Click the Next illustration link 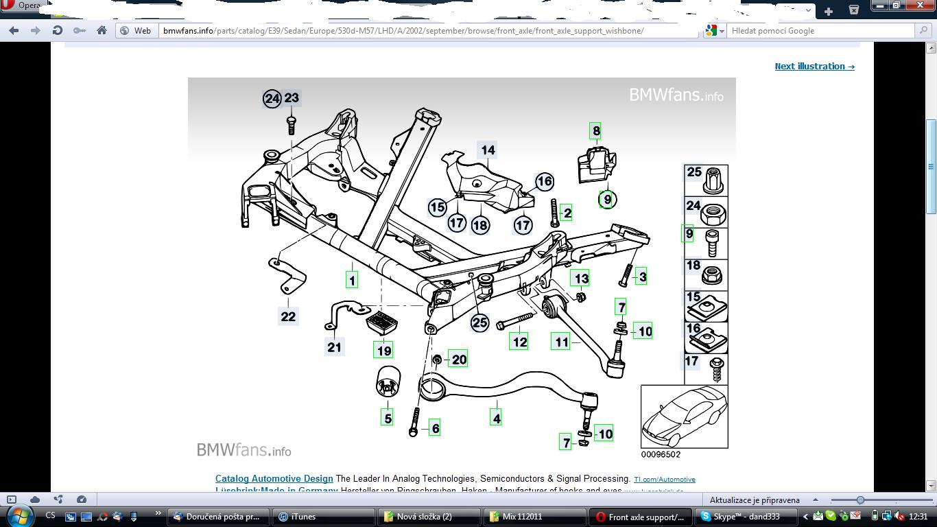(814, 67)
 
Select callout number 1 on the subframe (352, 279)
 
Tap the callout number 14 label (488, 150)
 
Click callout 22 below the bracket (288, 316)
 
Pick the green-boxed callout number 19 (383, 350)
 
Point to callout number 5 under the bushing (388, 417)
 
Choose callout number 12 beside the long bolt (519, 341)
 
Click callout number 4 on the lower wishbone (496, 417)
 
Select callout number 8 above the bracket (595, 130)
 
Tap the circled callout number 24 (272, 99)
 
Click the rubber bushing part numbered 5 (388, 382)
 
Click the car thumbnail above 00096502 (684, 417)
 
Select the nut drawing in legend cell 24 (713, 213)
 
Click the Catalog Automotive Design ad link (274, 479)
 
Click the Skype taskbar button (737, 517)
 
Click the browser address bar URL (403, 31)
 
